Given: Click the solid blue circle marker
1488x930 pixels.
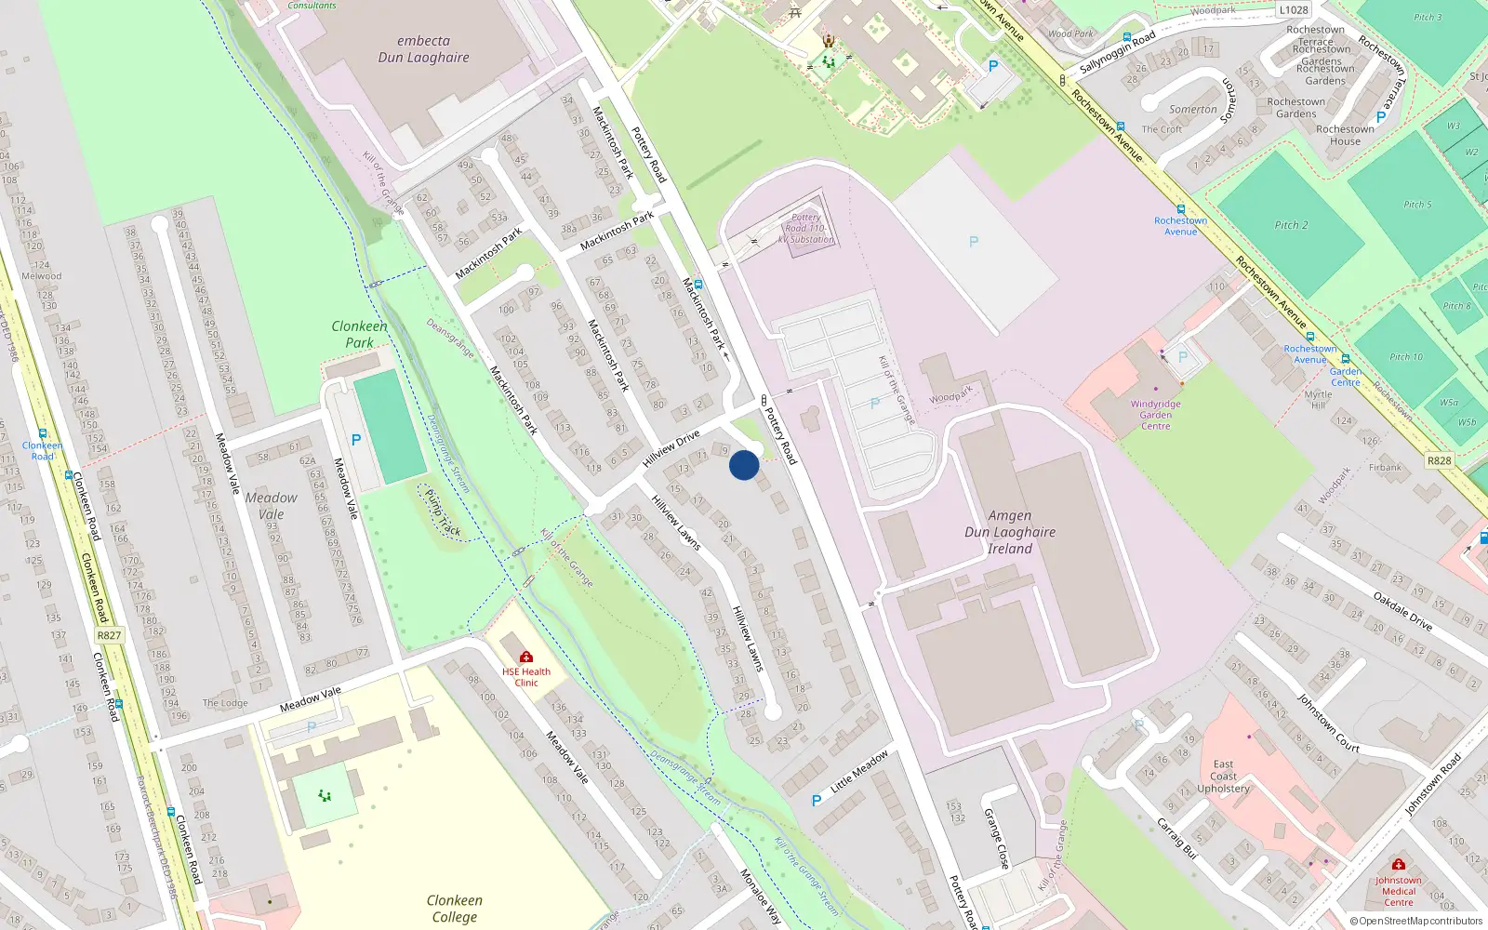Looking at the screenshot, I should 744,465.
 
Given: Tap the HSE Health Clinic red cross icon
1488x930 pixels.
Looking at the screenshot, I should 526,658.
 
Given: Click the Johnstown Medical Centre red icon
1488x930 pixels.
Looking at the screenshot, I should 1398,865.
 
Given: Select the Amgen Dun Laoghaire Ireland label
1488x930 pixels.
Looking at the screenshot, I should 1010,532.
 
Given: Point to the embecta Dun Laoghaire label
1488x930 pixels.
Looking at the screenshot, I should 423,49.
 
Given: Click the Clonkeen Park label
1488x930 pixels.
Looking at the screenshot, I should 359,334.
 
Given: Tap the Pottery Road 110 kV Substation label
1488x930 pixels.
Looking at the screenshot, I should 806,229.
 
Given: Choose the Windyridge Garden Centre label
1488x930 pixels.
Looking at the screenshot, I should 1155,415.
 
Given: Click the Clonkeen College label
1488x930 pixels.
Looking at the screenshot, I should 454,908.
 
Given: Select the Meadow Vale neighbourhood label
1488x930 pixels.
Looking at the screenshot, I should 271,505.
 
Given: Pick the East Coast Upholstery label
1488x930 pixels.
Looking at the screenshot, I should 1223,777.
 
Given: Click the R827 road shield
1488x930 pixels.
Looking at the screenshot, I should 109,635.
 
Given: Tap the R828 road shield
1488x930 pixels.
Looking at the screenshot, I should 1439,460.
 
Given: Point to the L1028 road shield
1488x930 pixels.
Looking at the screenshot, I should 1293,10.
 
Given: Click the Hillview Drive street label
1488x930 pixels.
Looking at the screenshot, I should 671,449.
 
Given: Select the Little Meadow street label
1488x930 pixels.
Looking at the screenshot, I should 859,771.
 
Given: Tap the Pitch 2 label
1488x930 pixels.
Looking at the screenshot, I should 1291,225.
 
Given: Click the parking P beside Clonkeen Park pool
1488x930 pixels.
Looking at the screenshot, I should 355,440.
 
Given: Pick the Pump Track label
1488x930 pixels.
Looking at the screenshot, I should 443,513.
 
